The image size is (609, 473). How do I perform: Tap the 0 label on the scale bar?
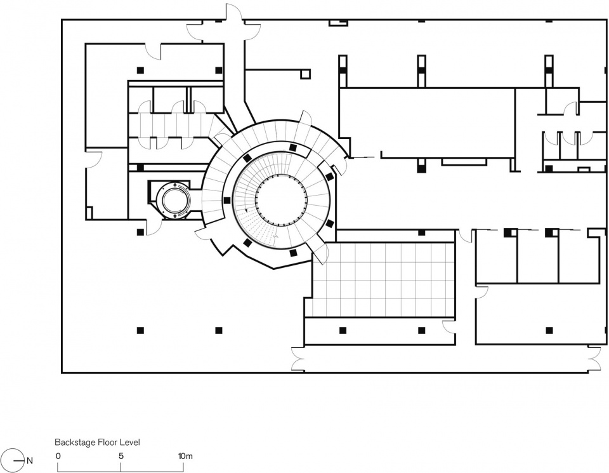(58, 456)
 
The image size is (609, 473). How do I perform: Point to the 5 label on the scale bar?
(121, 456)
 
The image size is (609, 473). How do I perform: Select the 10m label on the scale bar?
(185, 456)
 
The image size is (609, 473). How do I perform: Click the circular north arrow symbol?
(11, 460)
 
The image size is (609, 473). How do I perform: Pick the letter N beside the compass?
(30, 462)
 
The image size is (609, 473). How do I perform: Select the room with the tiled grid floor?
(384, 280)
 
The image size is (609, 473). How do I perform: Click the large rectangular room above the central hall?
(427, 123)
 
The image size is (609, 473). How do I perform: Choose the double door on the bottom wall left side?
(299, 359)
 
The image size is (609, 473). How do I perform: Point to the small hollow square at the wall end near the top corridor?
(306, 74)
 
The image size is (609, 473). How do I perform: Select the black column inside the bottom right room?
(549, 330)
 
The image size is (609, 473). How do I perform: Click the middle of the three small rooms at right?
(538, 256)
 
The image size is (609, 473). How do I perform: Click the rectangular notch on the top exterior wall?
(338, 23)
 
